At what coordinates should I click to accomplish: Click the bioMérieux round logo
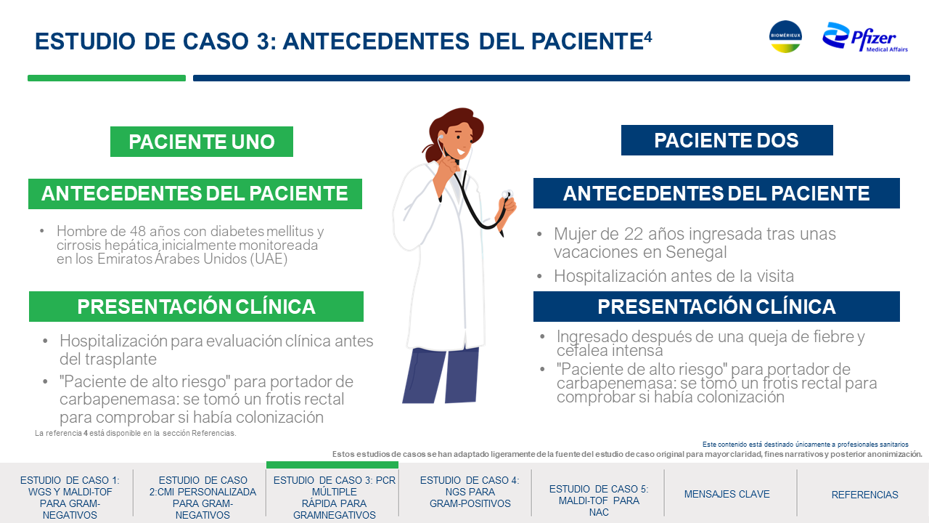tap(785, 36)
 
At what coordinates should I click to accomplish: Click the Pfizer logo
tap(864, 37)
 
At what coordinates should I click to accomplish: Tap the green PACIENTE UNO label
tap(202, 142)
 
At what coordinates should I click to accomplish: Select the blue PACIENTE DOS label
tap(727, 140)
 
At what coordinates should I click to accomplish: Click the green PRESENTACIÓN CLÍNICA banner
tap(196, 307)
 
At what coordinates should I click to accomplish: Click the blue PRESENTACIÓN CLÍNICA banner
tap(716, 307)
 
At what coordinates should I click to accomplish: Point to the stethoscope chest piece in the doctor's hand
tap(507, 194)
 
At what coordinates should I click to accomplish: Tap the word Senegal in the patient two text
tap(696, 252)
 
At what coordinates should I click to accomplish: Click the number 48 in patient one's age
tap(137, 231)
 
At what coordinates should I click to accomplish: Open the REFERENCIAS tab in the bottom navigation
tap(864, 495)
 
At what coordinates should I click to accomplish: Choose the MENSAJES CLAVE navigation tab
tap(727, 494)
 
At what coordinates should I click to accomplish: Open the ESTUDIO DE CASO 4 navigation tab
tap(470, 492)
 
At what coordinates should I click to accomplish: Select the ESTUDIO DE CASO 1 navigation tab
tap(70, 498)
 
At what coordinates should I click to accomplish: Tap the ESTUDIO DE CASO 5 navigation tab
tap(599, 500)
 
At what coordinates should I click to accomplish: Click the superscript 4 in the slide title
tap(648, 37)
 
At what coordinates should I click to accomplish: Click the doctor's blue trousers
tap(441, 376)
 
